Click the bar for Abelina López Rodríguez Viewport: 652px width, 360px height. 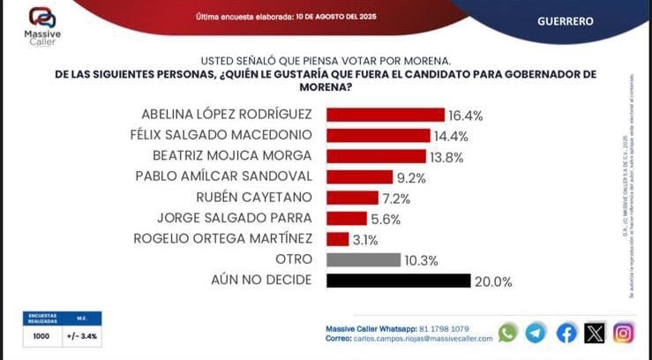(385, 115)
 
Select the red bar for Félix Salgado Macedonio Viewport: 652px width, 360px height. (378, 135)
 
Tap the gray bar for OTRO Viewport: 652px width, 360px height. (363, 259)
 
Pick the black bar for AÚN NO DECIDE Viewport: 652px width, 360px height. (398, 281)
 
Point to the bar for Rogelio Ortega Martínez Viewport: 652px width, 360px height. (338, 238)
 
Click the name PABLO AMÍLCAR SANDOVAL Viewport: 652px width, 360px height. (223, 176)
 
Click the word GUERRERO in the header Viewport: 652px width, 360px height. (566, 20)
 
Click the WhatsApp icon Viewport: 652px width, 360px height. (507, 333)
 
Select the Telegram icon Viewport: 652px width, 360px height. (536, 333)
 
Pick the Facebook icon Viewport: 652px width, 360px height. (566, 333)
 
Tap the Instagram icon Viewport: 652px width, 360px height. (624, 333)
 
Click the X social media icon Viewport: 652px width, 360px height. (596, 333)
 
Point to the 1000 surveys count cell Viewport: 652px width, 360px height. (41, 336)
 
